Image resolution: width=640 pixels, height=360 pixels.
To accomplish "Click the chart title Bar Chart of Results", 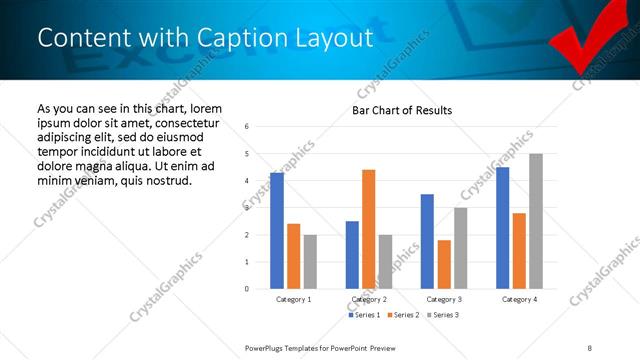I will pyautogui.click(x=401, y=110).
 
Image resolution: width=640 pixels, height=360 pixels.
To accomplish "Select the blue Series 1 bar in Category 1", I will pyautogui.click(x=277, y=231).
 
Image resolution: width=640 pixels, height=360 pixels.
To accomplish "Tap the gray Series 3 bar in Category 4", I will pyautogui.click(x=536, y=221).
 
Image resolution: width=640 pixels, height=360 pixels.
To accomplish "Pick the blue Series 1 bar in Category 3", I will pyautogui.click(x=427, y=241).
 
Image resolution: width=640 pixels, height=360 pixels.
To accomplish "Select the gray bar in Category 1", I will pyautogui.click(x=310, y=262).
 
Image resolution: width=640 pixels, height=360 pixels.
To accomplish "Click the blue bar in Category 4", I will pyautogui.click(x=502, y=228).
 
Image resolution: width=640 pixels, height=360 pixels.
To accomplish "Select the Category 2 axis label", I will pyautogui.click(x=369, y=299).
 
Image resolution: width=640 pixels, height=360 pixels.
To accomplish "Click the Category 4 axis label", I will pyautogui.click(x=519, y=299).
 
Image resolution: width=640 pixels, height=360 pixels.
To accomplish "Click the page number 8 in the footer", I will pyautogui.click(x=589, y=347).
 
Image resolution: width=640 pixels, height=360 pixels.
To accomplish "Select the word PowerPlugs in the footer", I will pyautogui.click(x=268, y=347).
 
